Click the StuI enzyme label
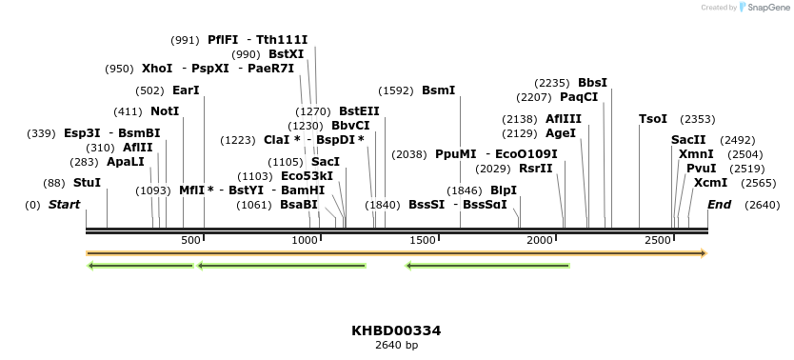point(87,182)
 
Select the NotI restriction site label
point(165,110)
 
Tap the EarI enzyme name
point(186,90)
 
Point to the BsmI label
point(438,90)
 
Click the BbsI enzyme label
point(592,83)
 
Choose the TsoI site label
point(653,119)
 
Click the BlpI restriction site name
point(504,190)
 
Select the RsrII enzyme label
point(538,168)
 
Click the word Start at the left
point(64,205)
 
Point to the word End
point(720,205)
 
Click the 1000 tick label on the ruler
point(306,240)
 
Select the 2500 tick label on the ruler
point(658,240)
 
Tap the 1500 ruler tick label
point(423,240)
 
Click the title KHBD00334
point(396,330)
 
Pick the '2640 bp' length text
point(396,345)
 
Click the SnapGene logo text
point(766,8)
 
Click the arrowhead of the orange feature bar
point(704,253)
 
